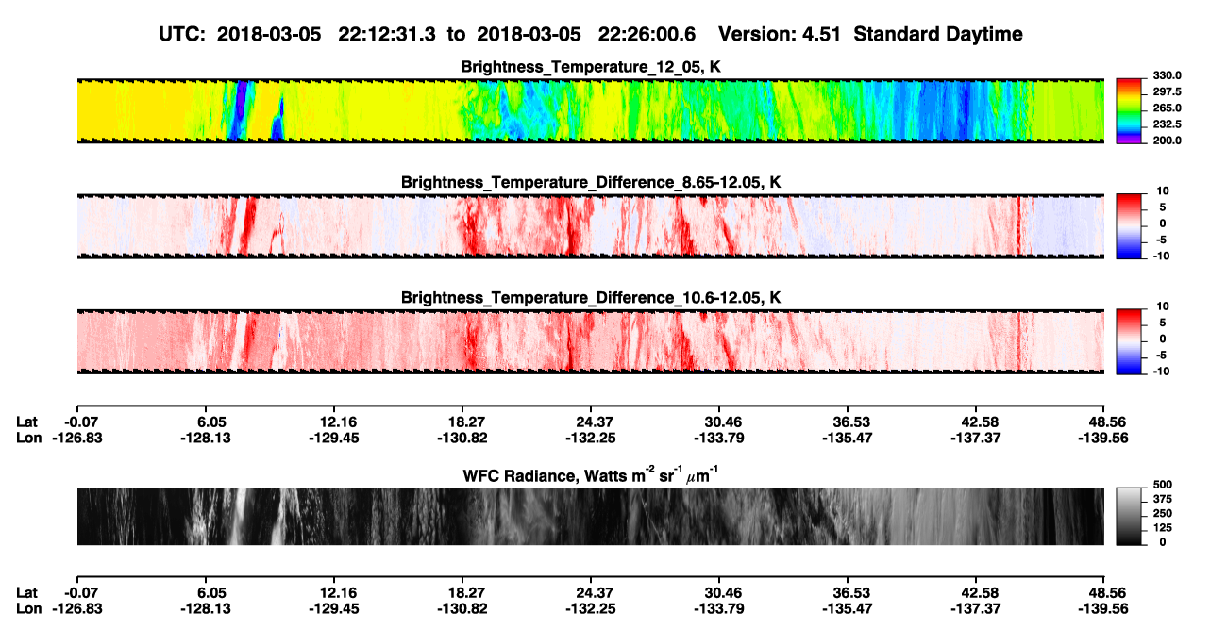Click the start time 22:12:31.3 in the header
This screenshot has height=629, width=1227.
pos(387,34)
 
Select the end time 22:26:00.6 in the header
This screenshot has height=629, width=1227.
pos(647,34)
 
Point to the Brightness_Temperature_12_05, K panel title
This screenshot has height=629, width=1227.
pos(591,67)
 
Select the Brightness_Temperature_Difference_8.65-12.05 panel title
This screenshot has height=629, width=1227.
pos(591,182)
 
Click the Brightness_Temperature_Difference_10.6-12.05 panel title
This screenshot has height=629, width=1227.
pos(591,298)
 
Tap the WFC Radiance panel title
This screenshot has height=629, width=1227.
pos(591,475)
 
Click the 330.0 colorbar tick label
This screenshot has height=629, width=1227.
pos(1167,75)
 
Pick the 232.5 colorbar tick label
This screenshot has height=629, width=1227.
pos(1167,124)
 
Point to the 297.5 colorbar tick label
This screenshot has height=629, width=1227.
pos(1167,92)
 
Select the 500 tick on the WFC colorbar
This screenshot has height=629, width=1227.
pos(1163,485)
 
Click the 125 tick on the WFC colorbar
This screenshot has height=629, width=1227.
pos(1163,528)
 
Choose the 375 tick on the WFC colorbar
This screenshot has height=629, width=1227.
pos(1163,499)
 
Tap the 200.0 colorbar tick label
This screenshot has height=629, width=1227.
pos(1167,141)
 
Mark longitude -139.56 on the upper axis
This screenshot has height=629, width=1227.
pos(1103,438)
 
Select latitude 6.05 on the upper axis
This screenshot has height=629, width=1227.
pos(211,422)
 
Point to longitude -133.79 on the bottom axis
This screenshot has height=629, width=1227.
pos(718,609)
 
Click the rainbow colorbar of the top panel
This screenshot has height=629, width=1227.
pos(1129,111)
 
